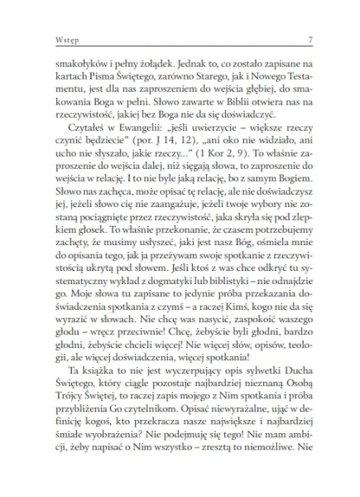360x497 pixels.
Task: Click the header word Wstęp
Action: coord(41,40)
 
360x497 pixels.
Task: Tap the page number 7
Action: coord(309,40)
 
